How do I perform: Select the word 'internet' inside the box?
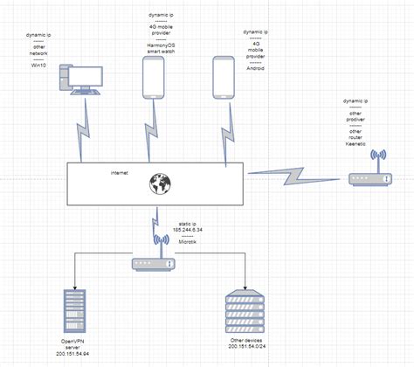pos(119,173)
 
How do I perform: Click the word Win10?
pos(38,64)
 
